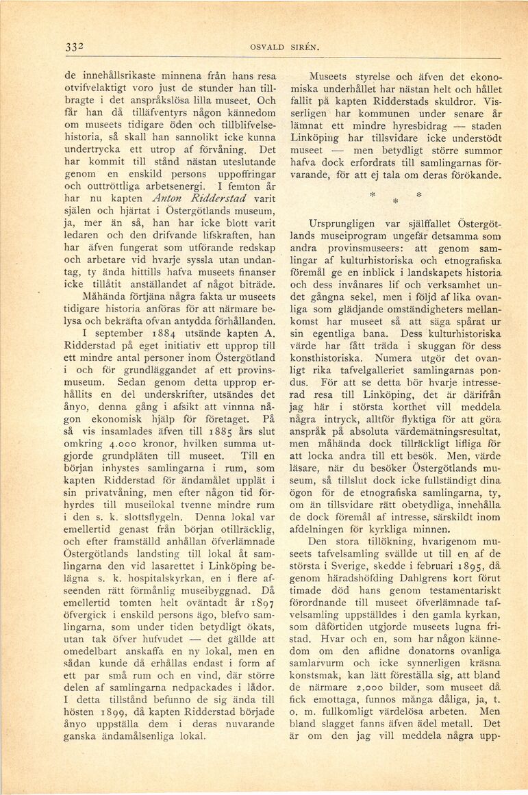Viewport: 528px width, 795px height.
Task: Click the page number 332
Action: pos(75,47)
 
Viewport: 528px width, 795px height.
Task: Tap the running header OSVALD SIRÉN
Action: pos(277,47)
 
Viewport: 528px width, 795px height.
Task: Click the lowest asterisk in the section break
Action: pos(394,202)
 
